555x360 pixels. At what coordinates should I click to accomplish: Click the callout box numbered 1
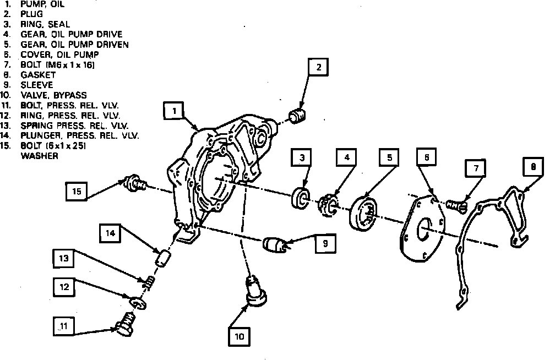(x=174, y=112)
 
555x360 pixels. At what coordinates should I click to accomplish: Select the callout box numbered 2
(x=318, y=68)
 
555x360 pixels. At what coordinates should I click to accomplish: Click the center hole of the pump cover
(x=424, y=230)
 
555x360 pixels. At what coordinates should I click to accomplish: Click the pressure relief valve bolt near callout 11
(x=125, y=325)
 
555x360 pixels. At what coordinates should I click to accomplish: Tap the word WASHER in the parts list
(x=39, y=155)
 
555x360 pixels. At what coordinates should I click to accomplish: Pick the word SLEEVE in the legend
(x=37, y=85)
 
